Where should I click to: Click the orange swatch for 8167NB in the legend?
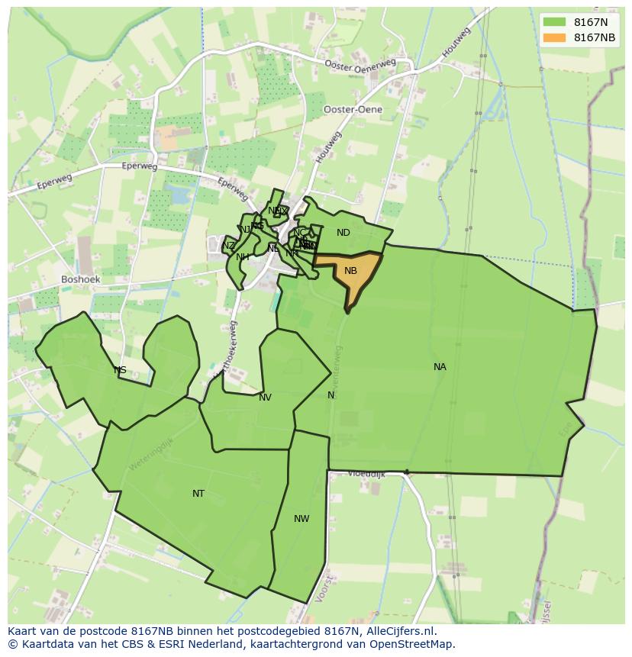click(555, 37)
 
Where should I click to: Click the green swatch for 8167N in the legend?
click(555, 22)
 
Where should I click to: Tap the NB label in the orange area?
click(350, 271)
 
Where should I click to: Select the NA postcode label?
click(440, 367)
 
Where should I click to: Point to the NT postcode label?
click(198, 494)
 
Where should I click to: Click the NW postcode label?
click(301, 519)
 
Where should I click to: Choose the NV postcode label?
click(265, 398)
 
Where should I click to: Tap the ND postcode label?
click(343, 233)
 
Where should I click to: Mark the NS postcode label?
click(120, 371)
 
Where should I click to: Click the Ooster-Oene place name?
click(353, 110)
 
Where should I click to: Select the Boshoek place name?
click(81, 280)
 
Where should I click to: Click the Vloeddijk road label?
click(366, 474)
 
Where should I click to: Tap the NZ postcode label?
click(229, 246)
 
